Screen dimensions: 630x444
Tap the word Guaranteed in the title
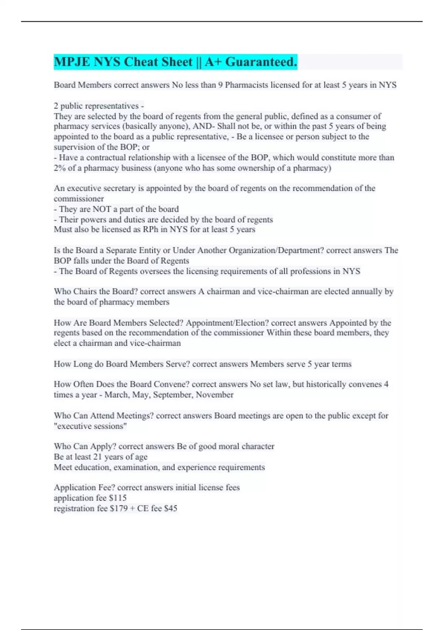(261, 62)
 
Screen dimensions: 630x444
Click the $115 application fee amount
(118, 498)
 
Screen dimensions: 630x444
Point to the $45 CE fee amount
(171, 508)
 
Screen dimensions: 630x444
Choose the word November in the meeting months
(215, 395)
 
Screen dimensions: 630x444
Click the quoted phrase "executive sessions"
(90, 426)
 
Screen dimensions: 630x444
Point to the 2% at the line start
(59, 168)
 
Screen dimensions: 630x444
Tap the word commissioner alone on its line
(78, 199)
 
